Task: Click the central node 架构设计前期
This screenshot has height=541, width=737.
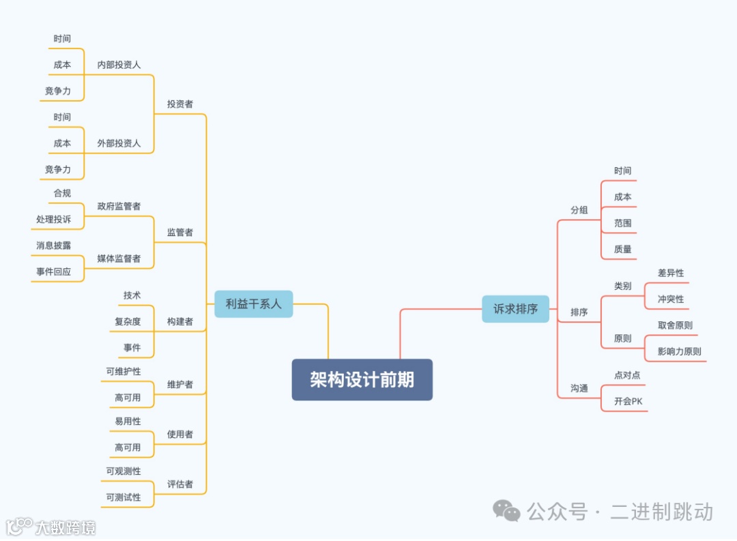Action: point(362,380)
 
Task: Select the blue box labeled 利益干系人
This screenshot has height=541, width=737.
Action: point(253,304)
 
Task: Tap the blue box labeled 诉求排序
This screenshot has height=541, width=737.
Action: point(515,309)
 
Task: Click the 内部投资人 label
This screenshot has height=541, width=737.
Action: point(119,65)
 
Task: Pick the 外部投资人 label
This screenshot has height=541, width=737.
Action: point(119,143)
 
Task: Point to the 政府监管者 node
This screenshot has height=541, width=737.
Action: point(119,206)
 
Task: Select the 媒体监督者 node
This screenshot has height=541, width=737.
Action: point(119,259)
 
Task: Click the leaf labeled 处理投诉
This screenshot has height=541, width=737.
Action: point(53,219)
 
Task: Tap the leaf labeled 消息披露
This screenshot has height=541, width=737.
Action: point(53,245)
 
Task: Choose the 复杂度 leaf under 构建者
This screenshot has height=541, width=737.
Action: point(128,321)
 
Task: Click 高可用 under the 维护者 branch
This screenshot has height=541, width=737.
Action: point(128,398)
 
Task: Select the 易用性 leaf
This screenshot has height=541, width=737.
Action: point(128,422)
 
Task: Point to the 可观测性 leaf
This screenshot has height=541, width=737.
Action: point(124,471)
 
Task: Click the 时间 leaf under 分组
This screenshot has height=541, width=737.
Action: point(622,171)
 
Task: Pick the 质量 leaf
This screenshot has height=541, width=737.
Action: point(622,249)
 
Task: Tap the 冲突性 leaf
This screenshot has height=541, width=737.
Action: point(670,299)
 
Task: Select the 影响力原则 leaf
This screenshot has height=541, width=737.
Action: point(679,351)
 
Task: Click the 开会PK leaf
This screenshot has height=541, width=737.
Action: point(628,401)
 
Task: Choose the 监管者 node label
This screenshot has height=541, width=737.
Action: point(180,232)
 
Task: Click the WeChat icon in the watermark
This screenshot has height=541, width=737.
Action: point(506,510)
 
